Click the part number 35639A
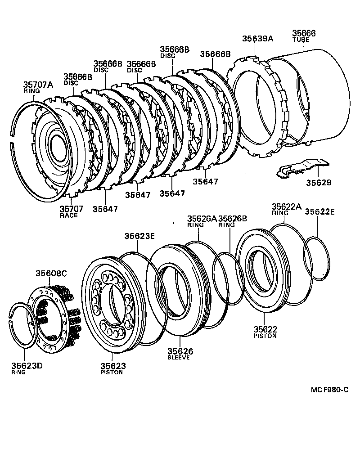[x=257, y=39]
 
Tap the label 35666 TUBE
[x=304, y=36]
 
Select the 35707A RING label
[x=38, y=87]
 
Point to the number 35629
[x=319, y=183]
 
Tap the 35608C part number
[x=50, y=274]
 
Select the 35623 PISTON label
[x=112, y=369]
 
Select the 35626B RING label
[x=232, y=221]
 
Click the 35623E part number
[x=139, y=236]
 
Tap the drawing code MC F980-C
[x=329, y=390]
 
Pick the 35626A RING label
[x=202, y=221]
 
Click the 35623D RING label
[x=27, y=368]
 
